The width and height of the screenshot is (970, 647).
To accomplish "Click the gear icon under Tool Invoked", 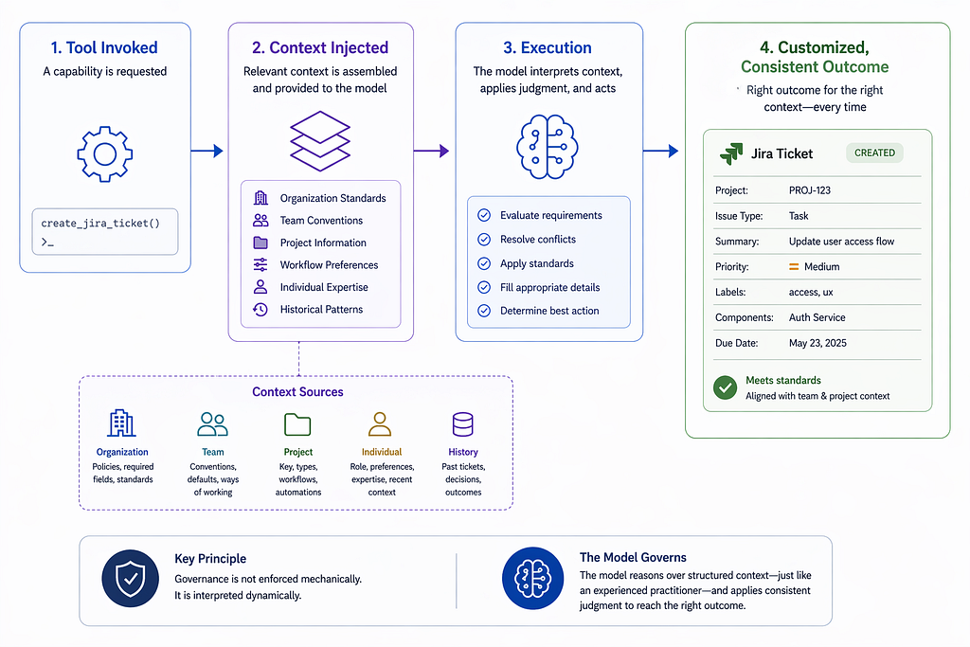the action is point(104,154).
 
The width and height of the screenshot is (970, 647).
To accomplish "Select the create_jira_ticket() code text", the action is point(100,224).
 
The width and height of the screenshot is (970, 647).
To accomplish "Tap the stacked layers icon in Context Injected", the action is point(320,141).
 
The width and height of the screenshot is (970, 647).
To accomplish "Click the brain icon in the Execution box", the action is point(548,147).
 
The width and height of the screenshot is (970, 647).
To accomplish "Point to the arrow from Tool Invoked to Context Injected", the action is point(207,151).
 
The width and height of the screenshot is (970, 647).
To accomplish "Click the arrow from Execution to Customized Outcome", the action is point(660,151).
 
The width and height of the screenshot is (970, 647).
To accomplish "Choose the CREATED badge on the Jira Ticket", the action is point(874,153).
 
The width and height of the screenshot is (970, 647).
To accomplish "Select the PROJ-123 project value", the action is point(809,190).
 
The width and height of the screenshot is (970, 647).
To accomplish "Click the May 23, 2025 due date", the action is point(817,343).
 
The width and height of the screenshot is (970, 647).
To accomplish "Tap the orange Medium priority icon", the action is point(794,266).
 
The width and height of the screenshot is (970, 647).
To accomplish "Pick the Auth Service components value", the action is point(817,317).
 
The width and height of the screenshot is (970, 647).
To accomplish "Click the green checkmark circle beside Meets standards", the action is point(725,387).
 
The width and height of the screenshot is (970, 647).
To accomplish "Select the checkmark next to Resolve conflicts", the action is point(484,240).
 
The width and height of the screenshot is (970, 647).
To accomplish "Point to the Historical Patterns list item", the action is point(308,309).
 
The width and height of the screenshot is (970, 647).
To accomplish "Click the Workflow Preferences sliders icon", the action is point(260,264).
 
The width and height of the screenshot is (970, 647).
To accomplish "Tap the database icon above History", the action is point(462,424).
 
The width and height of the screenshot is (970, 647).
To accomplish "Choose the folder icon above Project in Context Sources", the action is point(297,425).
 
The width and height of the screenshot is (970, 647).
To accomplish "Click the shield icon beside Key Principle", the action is point(131,579).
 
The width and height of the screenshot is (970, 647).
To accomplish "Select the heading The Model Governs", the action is point(633,557).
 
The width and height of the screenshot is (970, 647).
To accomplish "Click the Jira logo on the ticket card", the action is point(731,153).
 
